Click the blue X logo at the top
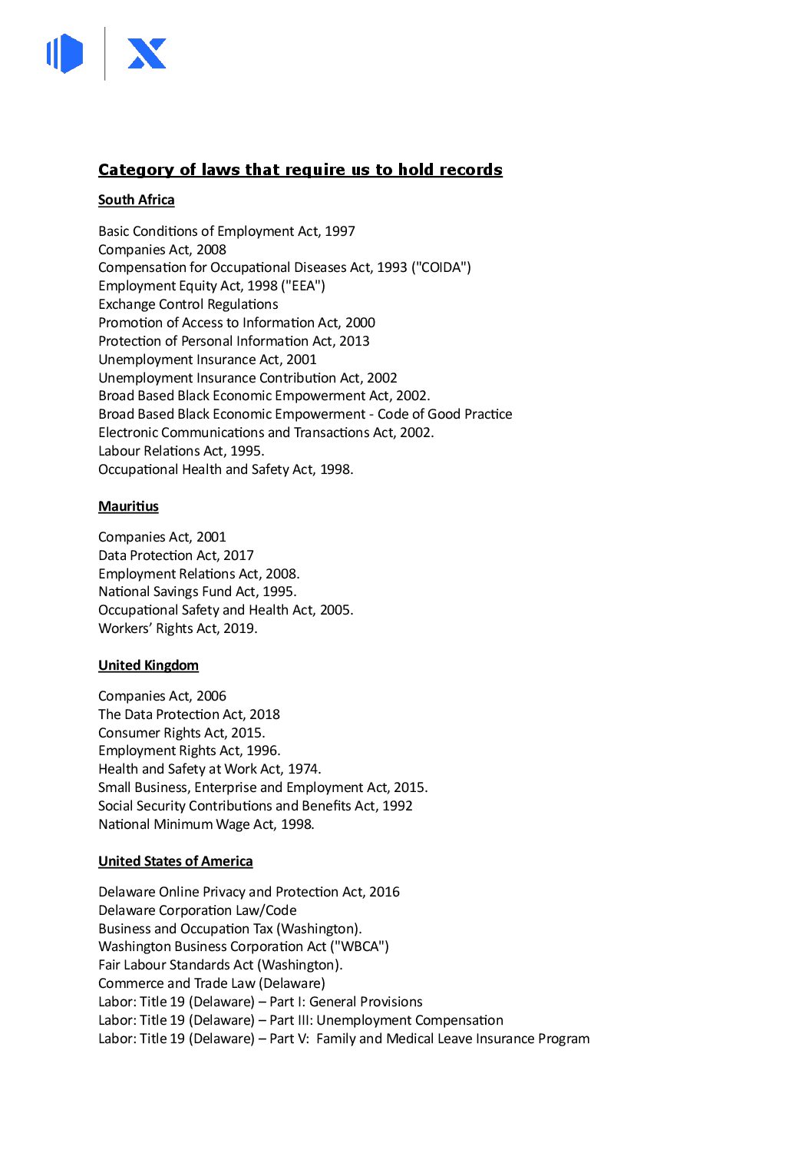click(x=147, y=54)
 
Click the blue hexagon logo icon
click(x=65, y=54)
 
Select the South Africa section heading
click(x=136, y=200)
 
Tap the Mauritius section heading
click(x=128, y=506)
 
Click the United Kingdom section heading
click(x=148, y=665)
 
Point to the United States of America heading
click(x=175, y=861)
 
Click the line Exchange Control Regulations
click(x=188, y=304)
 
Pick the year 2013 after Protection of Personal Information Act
click(x=354, y=341)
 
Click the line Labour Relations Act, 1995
click(x=181, y=451)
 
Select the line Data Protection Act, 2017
click(x=176, y=555)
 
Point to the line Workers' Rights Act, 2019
click(x=178, y=628)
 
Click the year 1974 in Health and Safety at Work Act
click(x=304, y=769)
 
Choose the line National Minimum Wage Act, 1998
click(x=206, y=824)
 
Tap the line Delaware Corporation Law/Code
click(x=197, y=910)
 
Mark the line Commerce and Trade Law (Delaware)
click(x=212, y=983)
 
